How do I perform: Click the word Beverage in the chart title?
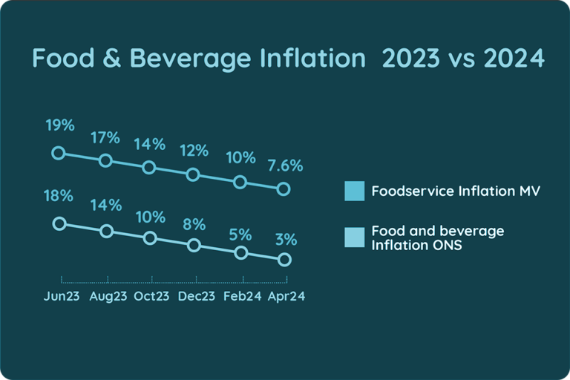(195, 59)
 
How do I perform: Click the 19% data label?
(59, 125)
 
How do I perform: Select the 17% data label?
(105, 138)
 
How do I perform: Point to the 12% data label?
(193, 151)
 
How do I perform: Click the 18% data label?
(59, 196)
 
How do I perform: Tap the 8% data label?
(194, 223)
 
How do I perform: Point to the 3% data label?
(285, 240)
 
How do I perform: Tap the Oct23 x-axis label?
(152, 296)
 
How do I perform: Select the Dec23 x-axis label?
(197, 296)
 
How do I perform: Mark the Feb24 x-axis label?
(242, 296)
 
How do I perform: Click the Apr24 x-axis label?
(286, 296)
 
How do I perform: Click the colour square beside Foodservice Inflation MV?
(355, 191)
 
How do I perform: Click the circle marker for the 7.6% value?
(283, 189)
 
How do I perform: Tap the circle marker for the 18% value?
(59, 223)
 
